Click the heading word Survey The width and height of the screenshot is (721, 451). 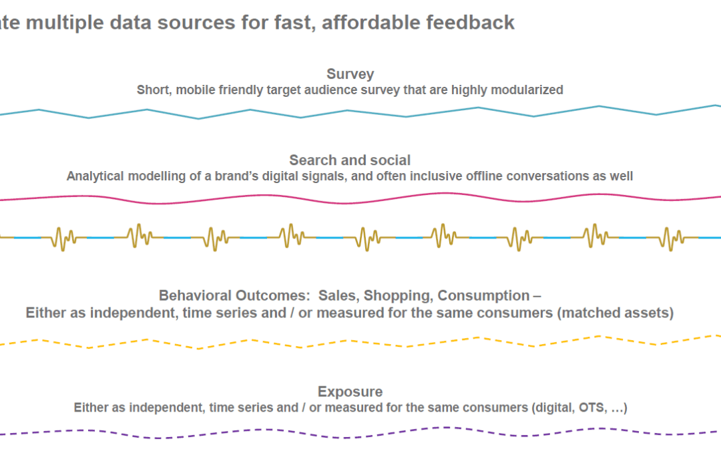(350, 74)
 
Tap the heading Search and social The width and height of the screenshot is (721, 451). (350, 160)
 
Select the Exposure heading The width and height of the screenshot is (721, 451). (350, 392)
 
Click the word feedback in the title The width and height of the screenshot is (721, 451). (477, 22)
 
